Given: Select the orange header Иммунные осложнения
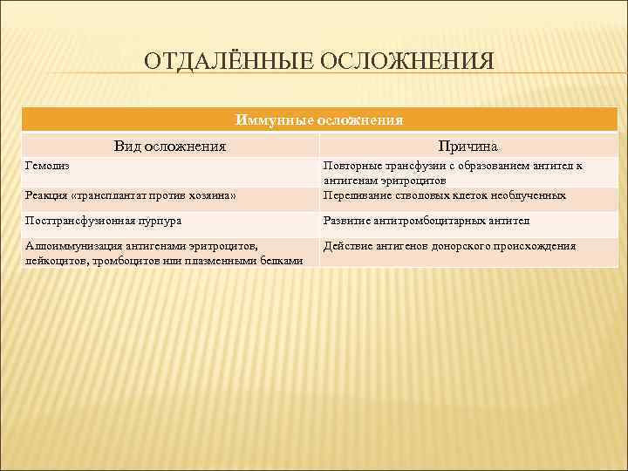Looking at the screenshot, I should tap(320, 119).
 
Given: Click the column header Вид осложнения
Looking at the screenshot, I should tap(170, 146).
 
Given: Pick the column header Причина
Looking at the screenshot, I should tap(468, 146).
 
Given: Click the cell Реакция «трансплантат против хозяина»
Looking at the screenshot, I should tap(131, 195).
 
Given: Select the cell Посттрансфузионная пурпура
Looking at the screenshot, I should tap(104, 221).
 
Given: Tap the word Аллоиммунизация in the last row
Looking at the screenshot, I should tap(74, 247).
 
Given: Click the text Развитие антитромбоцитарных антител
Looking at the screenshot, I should tap(427, 221).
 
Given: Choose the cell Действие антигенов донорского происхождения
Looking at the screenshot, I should tap(450, 247).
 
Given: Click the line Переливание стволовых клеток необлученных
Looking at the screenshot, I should tap(444, 195).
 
